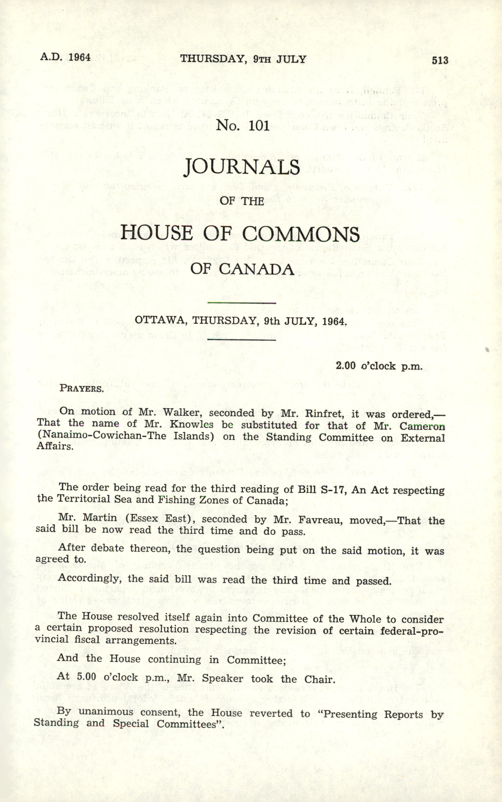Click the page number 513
click(440, 60)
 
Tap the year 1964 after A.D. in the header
click(79, 57)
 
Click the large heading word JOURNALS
click(242, 167)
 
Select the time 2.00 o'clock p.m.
click(379, 366)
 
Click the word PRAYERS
click(81, 388)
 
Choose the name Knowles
click(191, 424)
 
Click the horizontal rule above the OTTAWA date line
click(241, 303)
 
